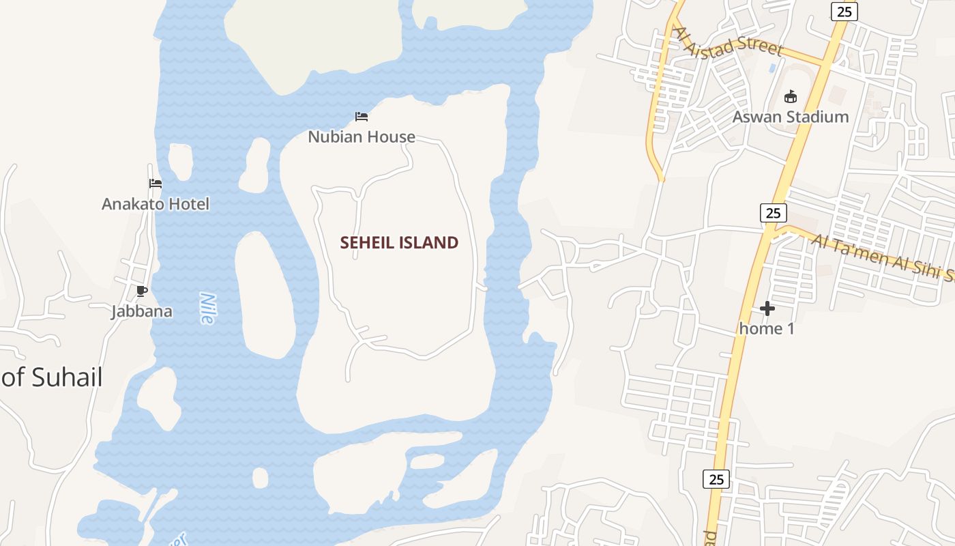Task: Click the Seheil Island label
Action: [x=399, y=242]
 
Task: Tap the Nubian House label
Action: [x=362, y=136]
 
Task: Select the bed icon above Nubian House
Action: [x=362, y=117]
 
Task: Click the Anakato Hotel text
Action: [x=156, y=203]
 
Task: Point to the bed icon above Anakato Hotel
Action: [x=156, y=184]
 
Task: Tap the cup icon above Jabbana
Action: [x=141, y=291]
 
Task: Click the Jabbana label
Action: [x=142, y=312]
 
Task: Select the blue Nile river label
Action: [x=207, y=308]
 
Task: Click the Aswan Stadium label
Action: [x=791, y=117]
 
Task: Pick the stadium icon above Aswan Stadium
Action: [x=791, y=96]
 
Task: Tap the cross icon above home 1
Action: [x=767, y=308]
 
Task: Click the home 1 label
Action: [x=767, y=328]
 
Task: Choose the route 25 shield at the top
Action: [x=844, y=11]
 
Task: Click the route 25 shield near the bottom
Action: [x=716, y=479]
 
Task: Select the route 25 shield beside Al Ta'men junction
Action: [x=773, y=213]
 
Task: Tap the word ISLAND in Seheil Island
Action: [x=430, y=242]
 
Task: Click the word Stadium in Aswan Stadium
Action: [x=816, y=117]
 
